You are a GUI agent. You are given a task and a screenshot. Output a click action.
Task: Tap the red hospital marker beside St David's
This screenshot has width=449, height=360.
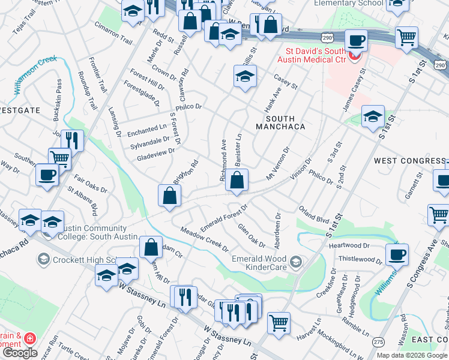coord(355,58)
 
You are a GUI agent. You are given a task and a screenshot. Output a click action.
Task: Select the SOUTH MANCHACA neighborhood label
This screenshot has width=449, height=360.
coord(280,122)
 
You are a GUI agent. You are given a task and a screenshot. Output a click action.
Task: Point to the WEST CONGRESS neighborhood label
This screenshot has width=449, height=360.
coord(409,161)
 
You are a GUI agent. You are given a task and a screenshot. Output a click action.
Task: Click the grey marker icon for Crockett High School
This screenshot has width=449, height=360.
coord(43,259)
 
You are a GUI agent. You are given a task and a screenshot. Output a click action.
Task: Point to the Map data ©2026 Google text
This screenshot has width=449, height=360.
coord(412,355)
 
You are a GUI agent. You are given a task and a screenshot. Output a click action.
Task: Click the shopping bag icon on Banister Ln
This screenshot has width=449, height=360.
coord(237,180)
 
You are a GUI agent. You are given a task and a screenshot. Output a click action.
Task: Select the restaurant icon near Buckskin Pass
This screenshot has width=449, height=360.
coord(72,140)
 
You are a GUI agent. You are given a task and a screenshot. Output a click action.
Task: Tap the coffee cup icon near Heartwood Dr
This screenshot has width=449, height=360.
coord(396,254)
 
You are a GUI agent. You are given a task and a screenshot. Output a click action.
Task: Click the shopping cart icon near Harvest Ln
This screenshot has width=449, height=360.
coord(279,323)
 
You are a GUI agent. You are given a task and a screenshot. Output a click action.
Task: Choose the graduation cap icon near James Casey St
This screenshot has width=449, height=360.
coord(373,116)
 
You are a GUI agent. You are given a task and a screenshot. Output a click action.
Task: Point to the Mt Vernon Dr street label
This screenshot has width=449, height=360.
coord(279,163)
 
